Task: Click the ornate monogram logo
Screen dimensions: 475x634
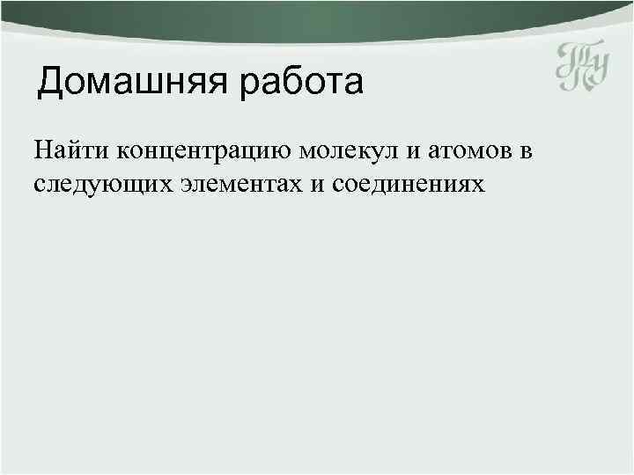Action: (582, 69)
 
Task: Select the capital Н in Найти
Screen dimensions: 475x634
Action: (44, 151)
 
